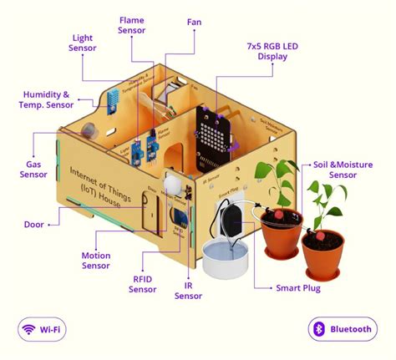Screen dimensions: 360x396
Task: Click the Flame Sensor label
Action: tap(132, 24)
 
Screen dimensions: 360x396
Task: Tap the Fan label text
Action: tap(194, 22)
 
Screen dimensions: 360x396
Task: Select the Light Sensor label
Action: tap(82, 43)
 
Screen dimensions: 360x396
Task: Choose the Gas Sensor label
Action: tap(33, 170)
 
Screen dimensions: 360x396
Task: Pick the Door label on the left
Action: tap(34, 223)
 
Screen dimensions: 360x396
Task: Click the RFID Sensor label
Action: tap(142, 284)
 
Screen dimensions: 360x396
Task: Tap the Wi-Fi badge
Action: tap(43, 328)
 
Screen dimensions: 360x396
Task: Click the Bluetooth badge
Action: tap(343, 328)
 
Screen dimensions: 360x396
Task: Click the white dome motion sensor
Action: tap(171, 185)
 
